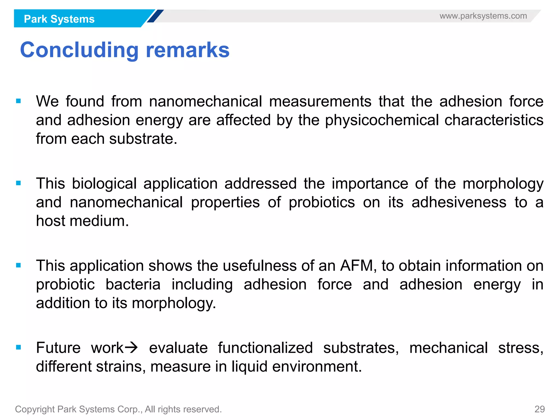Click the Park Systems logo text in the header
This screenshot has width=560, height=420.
pyautogui.click(x=59, y=19)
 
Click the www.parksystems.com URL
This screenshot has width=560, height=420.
pyautogui.click(x=483, y=16)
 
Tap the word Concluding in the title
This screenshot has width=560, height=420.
pyautogui.click(x=79, y=50)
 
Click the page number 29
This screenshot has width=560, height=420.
pyautogui.click(x=539, y=409)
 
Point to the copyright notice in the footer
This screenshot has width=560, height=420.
pyautogui.click(x=118, y=409)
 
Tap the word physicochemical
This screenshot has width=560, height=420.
pyautogui.click(x=382, y=120)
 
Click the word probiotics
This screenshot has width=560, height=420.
pyautogui.click(x=322, y=202)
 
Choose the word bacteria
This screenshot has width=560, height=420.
pyautogui.click(x=133, y=284)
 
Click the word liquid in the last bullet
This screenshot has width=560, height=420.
pyautogui.click(x=249, y=366)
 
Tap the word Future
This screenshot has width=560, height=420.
pyautogui.click(x=58, y=348)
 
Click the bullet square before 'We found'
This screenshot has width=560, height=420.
pyautogui.click(x=19, y=101)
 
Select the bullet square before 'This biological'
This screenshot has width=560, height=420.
pyautogui.click(x=19, y=183)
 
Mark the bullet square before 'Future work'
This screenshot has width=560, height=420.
pyautogui.click(x=19, y=348)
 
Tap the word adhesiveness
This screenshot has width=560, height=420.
pyautogui.click(x=459, y=202)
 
